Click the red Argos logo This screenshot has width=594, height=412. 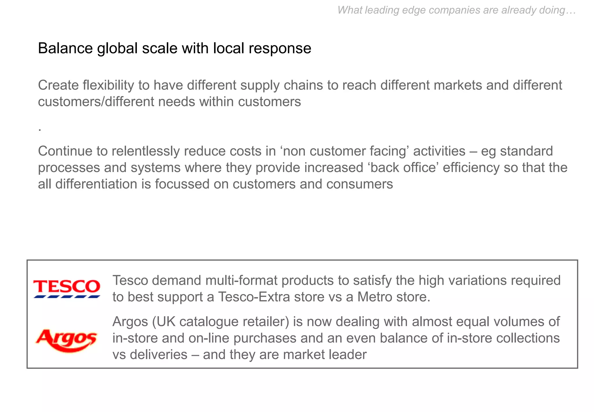point(66,340)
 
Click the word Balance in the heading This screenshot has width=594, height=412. point(65,48)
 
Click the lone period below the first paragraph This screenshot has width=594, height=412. point(40,130)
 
